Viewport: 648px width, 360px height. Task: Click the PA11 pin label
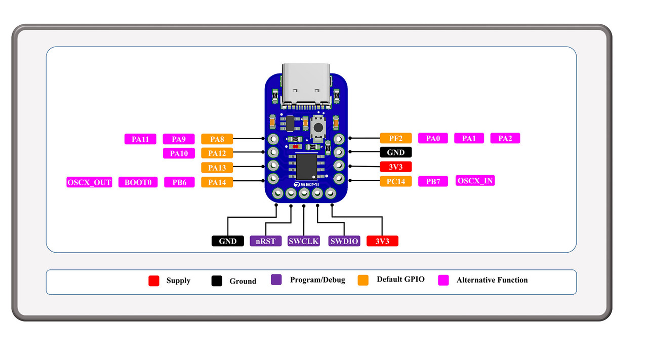point(140,139)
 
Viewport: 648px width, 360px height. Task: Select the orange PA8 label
point(217,139)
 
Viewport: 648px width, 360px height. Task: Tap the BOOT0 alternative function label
point(138,182)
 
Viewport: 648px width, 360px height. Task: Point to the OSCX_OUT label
point(89,182)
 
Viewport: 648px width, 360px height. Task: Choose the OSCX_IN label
point(475,181)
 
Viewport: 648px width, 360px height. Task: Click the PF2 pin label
point(395,138)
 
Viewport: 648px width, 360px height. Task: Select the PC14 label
point(395,181)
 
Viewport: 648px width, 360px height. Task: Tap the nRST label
point(266,241)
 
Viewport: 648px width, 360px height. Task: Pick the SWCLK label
point(304,241)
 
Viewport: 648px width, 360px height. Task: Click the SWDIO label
point(344,241)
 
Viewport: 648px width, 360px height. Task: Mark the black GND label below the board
point(227,241)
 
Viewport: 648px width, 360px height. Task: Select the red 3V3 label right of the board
point(395,167)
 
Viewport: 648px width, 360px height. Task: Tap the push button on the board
point(318,126)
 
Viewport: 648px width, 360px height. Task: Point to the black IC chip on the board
point(307,166)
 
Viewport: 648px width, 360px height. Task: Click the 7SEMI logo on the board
point(305,184)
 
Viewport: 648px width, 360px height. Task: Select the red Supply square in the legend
point(154,281)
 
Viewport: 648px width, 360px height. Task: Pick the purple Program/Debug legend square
point(276,279)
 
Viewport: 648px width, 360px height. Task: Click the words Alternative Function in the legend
point(492,280)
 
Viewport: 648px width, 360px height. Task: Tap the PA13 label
point(217,168)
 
